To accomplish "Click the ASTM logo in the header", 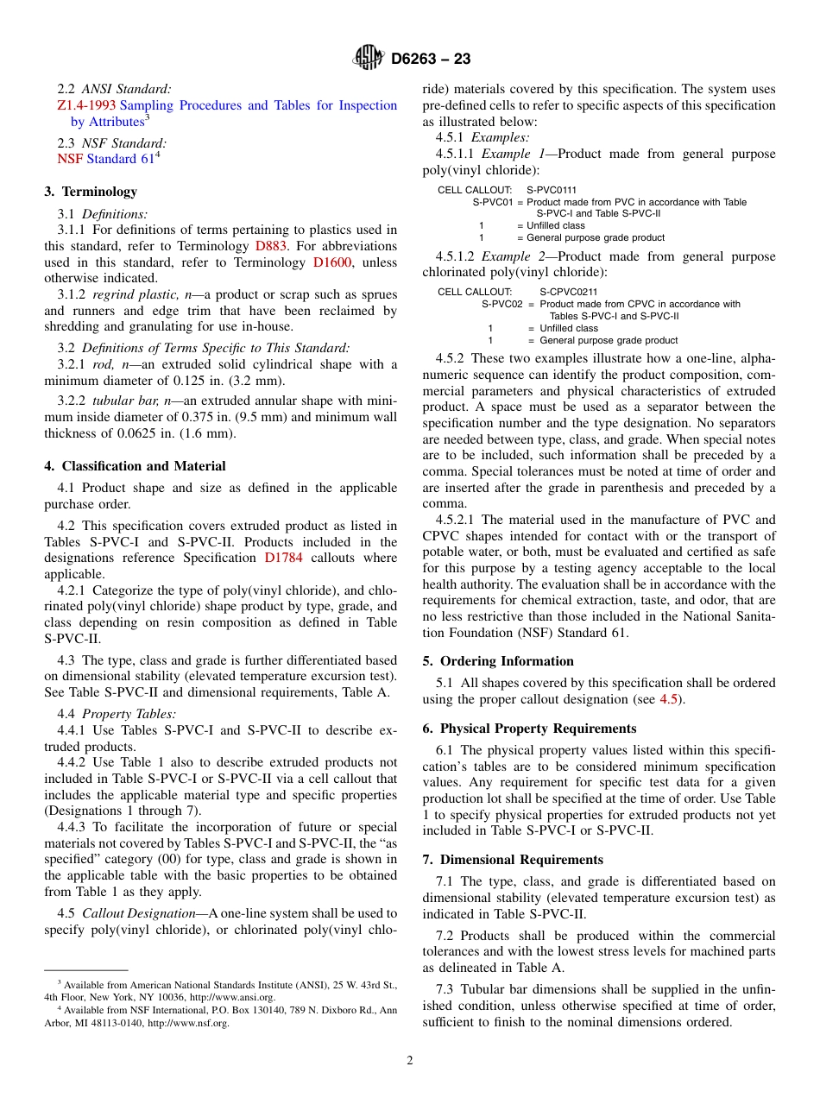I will [369, 59].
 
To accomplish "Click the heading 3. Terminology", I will [91, 192].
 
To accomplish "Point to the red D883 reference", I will [271, 246].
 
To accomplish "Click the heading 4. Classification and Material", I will [135, 466].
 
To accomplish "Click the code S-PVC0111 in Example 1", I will [552, 190].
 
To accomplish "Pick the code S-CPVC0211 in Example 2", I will [568, 293].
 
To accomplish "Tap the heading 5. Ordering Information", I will [498, 661].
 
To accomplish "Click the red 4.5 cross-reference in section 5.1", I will [668, 699].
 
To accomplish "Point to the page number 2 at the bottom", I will [410, 1061].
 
